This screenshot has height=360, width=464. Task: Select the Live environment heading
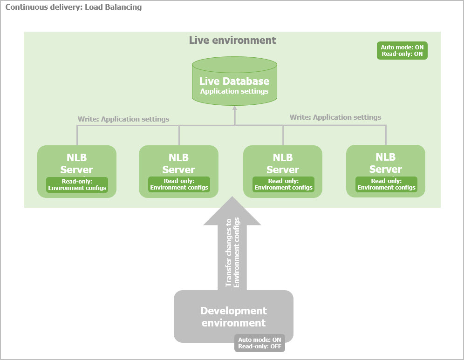[x=232, y=40]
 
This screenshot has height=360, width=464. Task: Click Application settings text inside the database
[x=234, y=91]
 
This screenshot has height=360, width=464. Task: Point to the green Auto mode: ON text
[x=402, y=47]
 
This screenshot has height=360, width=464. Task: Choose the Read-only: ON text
[x=402, y=54]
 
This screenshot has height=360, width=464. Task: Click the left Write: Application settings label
[x=123, y=119]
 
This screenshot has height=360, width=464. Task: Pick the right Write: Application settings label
[x=335, y=117]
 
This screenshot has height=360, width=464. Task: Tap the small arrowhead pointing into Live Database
[x=234, y=108]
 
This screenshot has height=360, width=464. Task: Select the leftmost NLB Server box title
[x=76, y=163]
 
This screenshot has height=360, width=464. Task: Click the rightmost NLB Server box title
[x=385, y=163]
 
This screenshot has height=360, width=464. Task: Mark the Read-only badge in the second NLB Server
[x=179, y=184]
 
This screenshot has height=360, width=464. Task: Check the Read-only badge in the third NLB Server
[x=283, y=184]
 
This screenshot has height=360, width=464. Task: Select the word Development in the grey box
[x=233, y=311]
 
